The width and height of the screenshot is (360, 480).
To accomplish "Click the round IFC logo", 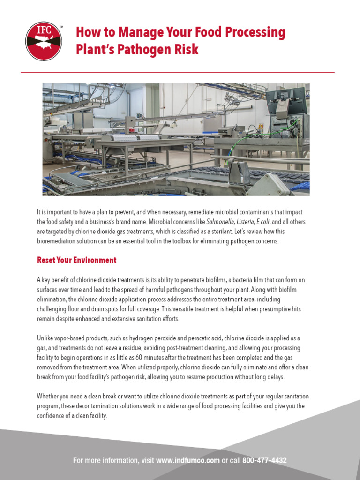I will (x=44, y=42).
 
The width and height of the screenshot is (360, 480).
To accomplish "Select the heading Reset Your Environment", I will (x=76, y=260).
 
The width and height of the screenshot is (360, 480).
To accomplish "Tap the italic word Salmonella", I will (x=223, y=222).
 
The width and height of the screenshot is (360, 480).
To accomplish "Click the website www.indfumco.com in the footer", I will (x=187, y=460).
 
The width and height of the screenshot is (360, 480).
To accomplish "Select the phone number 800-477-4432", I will (x=264, y=460).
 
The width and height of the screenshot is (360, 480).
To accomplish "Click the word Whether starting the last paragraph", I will (x=49, y=397).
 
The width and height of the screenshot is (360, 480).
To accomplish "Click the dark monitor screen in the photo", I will (x=286, y=100).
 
